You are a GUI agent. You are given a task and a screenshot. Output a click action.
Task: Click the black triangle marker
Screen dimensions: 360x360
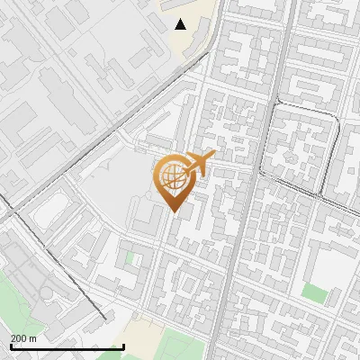[181, 24]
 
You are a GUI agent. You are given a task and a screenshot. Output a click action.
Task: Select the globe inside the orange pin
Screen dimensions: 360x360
[172, 178]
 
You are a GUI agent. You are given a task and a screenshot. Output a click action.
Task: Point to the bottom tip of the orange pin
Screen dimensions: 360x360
[172, 213]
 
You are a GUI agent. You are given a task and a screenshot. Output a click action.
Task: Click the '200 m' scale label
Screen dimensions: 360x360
[23, 337]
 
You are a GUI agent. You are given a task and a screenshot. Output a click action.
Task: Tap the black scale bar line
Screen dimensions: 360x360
[67, 346]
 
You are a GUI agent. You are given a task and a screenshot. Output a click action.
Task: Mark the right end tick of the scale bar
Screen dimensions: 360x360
[123, 345]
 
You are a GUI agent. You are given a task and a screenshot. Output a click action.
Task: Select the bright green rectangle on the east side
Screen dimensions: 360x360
[313, 292]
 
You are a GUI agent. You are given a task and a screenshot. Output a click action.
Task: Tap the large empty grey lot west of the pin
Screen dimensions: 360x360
[112, 184]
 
